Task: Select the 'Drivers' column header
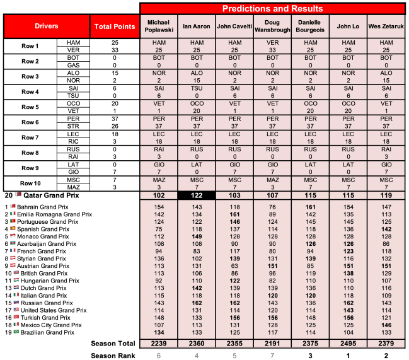[x=46, y=26]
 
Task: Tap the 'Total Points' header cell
[x=114, y=26]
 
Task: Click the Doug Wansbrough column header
[x=273, y=26]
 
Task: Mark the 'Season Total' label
[x=114, y=343]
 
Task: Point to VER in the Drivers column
[x=72, y=50]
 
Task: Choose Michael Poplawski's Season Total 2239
[x=159, y=343]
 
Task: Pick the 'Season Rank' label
[x=114, y=355]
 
